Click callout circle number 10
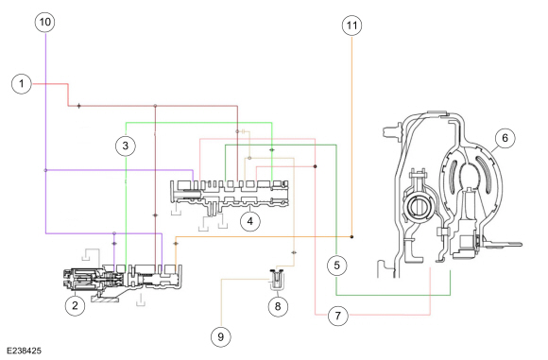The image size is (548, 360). (45, 22)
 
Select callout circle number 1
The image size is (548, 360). (22, 84)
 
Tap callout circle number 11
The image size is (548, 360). (351, 26)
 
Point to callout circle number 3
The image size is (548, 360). (126, 146)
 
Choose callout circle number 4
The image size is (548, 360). (250, 221)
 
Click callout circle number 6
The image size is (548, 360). (505, 138)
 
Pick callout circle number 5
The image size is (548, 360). (337, 266)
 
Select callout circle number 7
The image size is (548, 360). (337, 316)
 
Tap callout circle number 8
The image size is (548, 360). (278, 306)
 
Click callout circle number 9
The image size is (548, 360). (221, 336)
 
